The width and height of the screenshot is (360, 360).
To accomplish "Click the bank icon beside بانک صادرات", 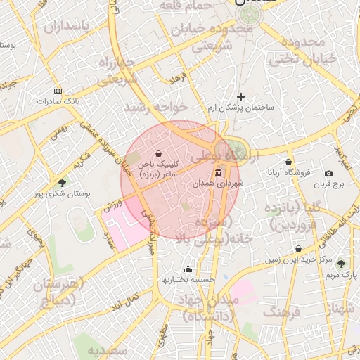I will pos(58,91).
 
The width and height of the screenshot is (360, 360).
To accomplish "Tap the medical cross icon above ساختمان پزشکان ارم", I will pos(241,96).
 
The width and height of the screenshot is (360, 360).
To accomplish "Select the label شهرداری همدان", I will pos(219,183).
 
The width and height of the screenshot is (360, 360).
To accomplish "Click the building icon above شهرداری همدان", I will pos(219,172).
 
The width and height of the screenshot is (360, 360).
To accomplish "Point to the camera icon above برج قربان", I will pos(328,174).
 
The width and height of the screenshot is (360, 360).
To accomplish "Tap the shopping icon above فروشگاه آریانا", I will pos(288,162).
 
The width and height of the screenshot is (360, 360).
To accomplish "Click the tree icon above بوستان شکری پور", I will pos(63,183).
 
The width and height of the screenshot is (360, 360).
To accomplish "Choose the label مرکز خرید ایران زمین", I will pos(298,259).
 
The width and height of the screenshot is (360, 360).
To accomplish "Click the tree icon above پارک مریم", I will pos(341,264).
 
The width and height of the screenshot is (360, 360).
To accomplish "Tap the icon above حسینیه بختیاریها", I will pos(188,269).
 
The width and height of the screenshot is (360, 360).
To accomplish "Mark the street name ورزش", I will pos(112,206).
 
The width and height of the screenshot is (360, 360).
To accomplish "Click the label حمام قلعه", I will pos(182,6).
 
